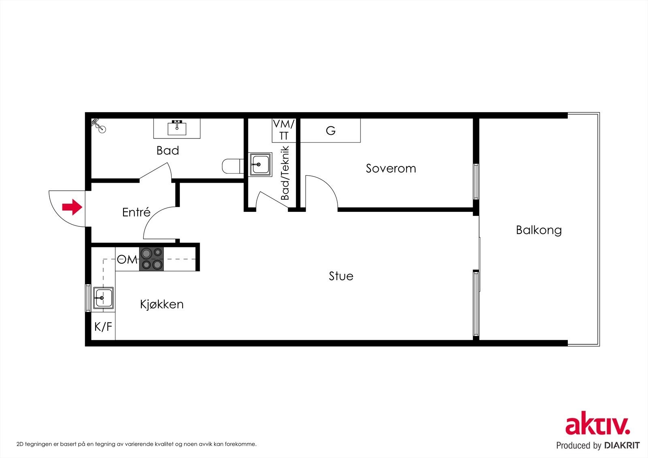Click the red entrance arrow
tap(72, 207)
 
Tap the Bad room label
tap(168, 151)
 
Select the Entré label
tap(136, 212)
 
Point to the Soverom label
tap(391, 168)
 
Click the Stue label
tap(341, 276)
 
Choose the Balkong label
tap(539, 230)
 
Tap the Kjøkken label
tap(162, 305)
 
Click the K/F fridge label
tap(103, 327)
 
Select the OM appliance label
tap(127, 259)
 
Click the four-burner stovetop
tap(151, 259)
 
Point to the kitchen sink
tap(103, 298)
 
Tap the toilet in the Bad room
tap(232, 166)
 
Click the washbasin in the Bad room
tap(177, 128)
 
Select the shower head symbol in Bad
tap(99, 126)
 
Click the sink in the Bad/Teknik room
tap(261, 164)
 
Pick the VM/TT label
tap(284, 130)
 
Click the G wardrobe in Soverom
tap(330, 130)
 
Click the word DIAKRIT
tap(621, 445)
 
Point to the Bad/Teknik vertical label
tap(285, 173)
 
